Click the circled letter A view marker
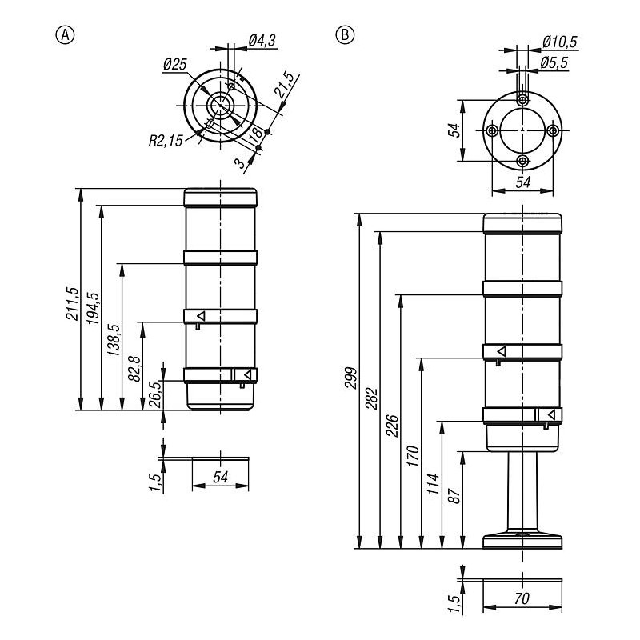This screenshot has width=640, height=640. pyautogui.click(x=65, y=35)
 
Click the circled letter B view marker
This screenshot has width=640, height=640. pyautogui.click(x=345, y=34)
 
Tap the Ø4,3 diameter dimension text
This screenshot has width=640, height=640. pyautogui.click(x=262, y=41)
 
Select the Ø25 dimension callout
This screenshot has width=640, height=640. pyautogui.click(x=174, y=65)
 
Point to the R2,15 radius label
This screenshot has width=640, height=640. pyautogui.click(x=166, y=141)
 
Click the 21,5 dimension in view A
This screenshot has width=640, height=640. pyautogui.click(x=285, y=85)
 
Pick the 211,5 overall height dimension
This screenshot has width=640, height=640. pyautogui.click(x=72, y=303)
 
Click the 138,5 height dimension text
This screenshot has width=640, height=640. pyautogui.click(x=114, y=339)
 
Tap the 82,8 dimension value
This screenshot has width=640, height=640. pyautogui.click(x=134, y=369)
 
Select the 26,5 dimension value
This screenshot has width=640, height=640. pyautogui.click(x=154, y=394)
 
